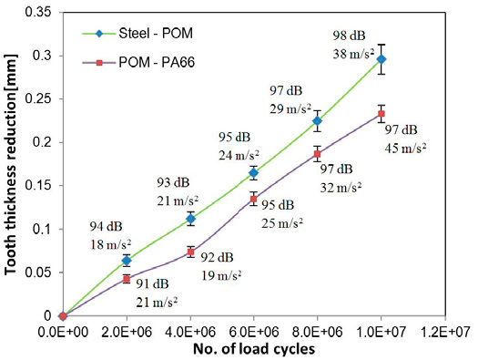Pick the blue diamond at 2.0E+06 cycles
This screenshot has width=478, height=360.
[127, 261]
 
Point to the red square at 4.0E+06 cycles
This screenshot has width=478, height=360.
[190, 252]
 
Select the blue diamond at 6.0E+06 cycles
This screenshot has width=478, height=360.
[254, 173]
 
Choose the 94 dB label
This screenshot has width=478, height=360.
[103, 226]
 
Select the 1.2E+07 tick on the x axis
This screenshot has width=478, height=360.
[444, 330]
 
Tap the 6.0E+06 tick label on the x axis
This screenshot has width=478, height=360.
[254, 330]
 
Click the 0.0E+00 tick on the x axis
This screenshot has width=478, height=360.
[63, 330]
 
